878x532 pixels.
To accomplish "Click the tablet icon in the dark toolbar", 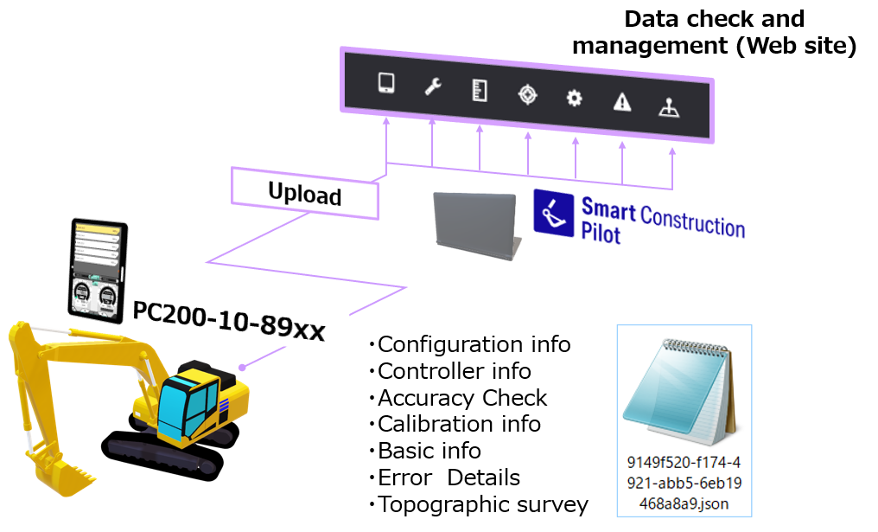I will point(386,83).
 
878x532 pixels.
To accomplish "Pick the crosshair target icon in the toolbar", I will point(527,94).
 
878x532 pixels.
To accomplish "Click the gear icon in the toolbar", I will point(574,98).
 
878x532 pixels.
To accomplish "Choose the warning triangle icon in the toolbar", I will point(621,102).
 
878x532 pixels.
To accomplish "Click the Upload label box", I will point(305,194).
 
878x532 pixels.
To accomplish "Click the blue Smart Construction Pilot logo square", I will point(554,212).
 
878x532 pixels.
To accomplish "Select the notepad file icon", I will point(684,389).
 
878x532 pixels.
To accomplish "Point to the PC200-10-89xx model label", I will point(228,321).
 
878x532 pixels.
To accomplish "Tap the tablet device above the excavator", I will point(98,269).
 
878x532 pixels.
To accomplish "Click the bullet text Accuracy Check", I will point(462,398).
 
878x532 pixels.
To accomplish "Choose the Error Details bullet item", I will point(449,478).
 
